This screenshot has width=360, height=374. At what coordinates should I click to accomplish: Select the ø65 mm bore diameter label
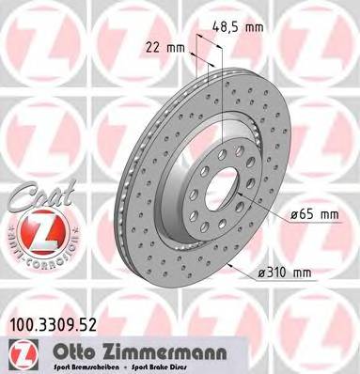pos(313,214)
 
